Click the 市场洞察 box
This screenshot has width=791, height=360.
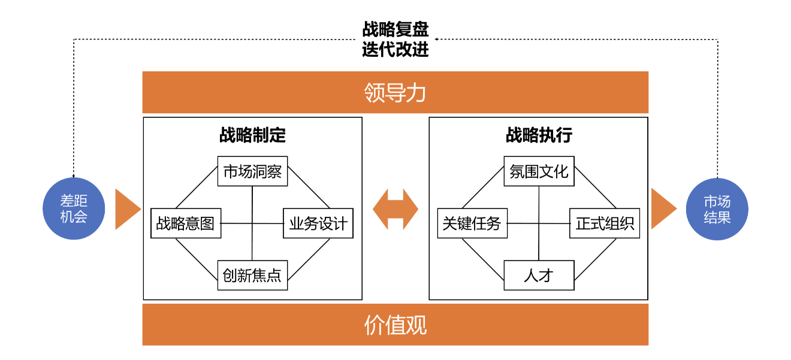click(x=252, y=173)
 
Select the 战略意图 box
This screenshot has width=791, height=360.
click(x=185, y=223)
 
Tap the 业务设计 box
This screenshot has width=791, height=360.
click(x=318, y=223)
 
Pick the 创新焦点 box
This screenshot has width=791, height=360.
click(x=252, y=275)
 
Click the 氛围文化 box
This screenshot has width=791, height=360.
click(x=539, y=173)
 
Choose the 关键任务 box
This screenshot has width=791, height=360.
click(x=472, y=223)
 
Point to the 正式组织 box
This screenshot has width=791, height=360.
click(x=605, y=223)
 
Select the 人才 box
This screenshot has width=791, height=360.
click(x=539, y=275)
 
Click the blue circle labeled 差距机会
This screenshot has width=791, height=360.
click(x=74, y=209)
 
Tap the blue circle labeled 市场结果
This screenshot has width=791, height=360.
click(x=717, y=209)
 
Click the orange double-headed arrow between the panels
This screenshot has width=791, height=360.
click(x=395, y=209)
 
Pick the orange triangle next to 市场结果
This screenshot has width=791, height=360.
click(x=662, y=209)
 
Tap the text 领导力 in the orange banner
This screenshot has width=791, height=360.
click(x=395, y=93)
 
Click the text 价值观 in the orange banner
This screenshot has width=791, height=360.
click(x=395, y=325)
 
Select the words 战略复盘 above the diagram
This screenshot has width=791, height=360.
click(x=395, y=29)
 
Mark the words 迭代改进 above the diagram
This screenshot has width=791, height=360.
click(x=395, y=49)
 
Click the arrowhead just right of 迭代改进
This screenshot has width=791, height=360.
click(x=437, y=40)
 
